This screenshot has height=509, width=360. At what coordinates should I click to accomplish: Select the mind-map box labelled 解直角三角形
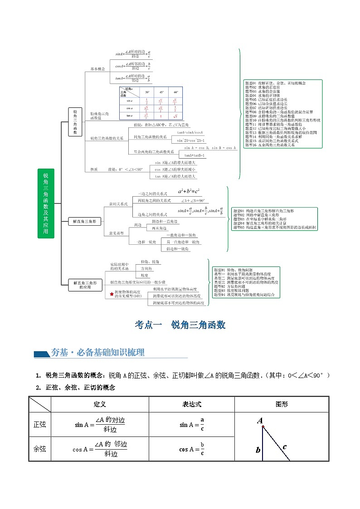point(84,221)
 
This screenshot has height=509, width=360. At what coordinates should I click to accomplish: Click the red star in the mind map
point(112,294)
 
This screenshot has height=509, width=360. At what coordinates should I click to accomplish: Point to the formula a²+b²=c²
point(189,191)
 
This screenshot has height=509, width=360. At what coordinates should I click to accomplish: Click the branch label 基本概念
point(97,69)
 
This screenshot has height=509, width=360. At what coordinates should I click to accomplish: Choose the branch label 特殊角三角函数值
point(99,116)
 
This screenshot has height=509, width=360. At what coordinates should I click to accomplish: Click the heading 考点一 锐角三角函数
point(180,325)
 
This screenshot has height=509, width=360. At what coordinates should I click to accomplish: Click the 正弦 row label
point(40,425)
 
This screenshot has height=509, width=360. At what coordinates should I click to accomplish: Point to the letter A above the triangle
point(260,421)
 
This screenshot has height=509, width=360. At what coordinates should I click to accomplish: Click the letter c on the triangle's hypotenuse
point(284,447)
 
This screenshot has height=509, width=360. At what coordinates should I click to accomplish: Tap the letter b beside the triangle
point(258,450)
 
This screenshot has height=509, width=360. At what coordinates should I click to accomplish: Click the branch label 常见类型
point(116,233)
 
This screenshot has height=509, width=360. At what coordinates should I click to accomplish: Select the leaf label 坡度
point(144,275)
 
